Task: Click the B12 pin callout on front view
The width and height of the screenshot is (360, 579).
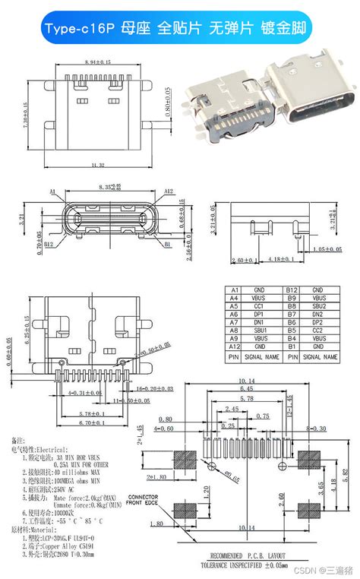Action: pyautogui.click(x=48, y=245)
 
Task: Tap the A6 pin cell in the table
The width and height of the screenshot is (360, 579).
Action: pyautogui.click(x=235, y=315)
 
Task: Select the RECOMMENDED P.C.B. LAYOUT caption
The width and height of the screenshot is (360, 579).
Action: pyautogui.click(x=245, y=555)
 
